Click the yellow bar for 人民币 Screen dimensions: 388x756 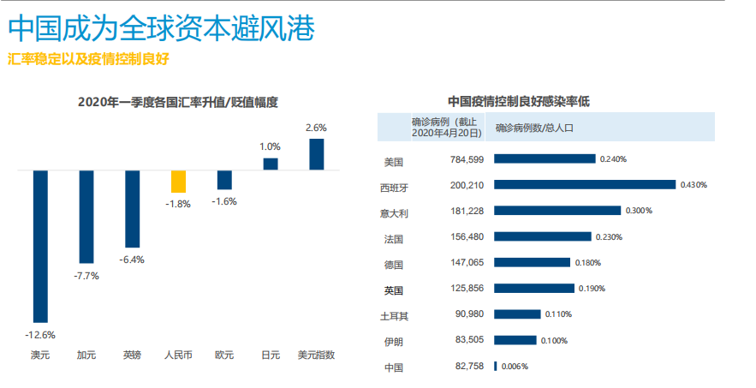178,182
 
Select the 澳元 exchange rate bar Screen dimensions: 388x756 40,245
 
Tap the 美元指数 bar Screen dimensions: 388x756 317,154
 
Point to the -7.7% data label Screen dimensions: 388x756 86,276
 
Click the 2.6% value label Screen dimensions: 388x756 316,128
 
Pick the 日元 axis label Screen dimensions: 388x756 271,354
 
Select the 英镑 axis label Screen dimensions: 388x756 132,354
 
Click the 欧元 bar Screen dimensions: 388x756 224,180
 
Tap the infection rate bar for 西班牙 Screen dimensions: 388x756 585,184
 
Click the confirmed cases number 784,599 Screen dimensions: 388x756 467,159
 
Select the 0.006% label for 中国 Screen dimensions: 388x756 515,367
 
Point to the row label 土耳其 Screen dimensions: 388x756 394,315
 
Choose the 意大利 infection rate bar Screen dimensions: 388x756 557,211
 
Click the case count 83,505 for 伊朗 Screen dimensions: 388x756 469,341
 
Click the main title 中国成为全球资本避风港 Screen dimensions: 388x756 162,30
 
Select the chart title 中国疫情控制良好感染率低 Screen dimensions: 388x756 519,102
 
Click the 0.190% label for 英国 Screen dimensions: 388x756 593,289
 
